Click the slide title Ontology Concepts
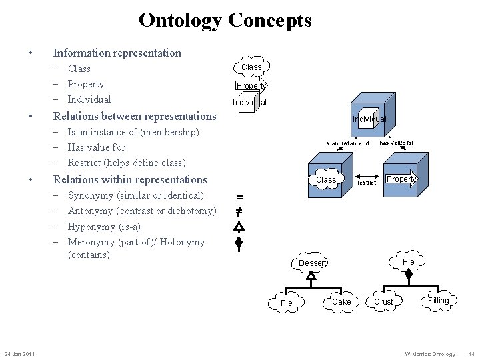coord(225,20)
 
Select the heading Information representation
coord(117,53)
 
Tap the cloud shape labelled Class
coord(251,67)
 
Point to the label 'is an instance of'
coord(347,143)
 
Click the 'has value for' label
coord(396,143)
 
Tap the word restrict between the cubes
coord(367,182)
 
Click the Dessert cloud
coord(312,263)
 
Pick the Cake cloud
coord(341,302)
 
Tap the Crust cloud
coord(384,302)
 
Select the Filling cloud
coord(438,301)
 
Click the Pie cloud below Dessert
coord(286,303)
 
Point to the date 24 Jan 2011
coord(20,353)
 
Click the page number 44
coord(471,354)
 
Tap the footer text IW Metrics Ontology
coord(429,354)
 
